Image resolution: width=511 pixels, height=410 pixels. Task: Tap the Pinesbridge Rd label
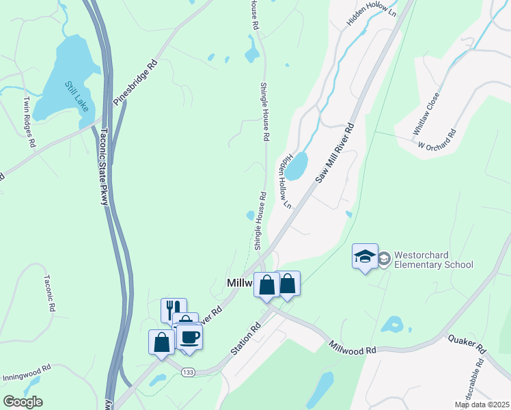click(x=135, y=83)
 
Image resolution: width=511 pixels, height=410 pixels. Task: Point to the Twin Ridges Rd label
click(x=29, y=122)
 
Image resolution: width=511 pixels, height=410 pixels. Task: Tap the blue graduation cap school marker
click(x=365, y=257)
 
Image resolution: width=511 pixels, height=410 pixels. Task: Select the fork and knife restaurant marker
click(x=174, y=310)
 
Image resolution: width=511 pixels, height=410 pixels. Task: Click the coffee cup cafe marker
click(x=189, y=336)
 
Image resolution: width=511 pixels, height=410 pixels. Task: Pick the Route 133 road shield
click(x=189, y=371)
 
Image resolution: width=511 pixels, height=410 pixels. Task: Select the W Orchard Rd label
click(x=437, y=140)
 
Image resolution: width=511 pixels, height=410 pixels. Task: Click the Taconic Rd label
click(x=49, y=293)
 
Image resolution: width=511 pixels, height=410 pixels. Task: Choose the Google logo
click(x=23, y=402)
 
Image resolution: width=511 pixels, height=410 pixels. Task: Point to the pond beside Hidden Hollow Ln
click(x=296, y=166)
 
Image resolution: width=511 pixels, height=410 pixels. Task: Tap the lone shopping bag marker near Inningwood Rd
click(x=161, y=342)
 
